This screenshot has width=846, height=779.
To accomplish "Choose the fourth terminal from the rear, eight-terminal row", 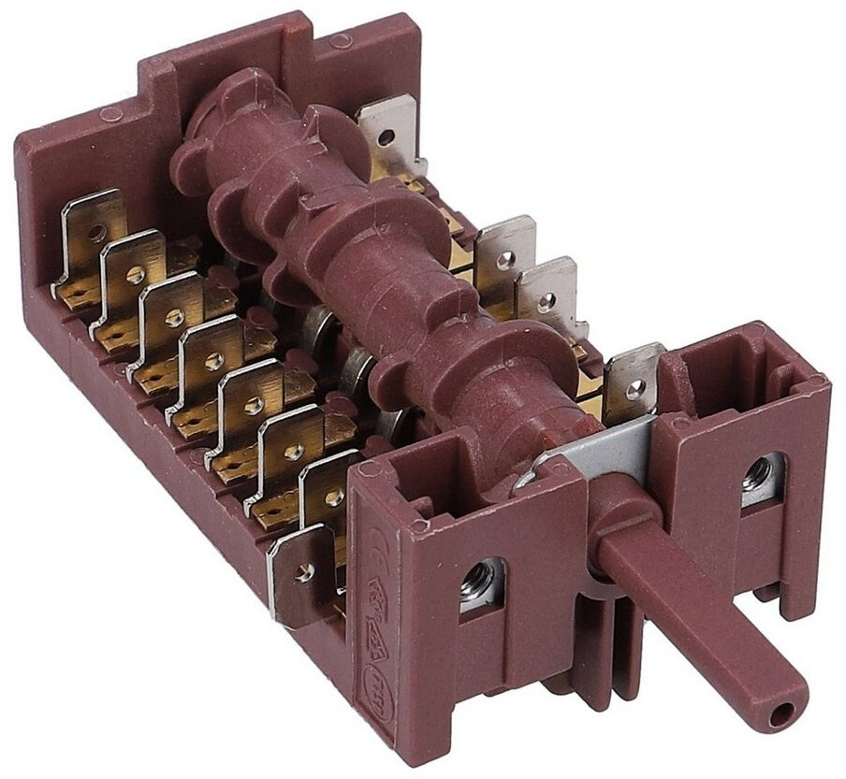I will (x=211, y=355).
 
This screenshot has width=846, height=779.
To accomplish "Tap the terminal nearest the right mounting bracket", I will (x=633, y=382).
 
